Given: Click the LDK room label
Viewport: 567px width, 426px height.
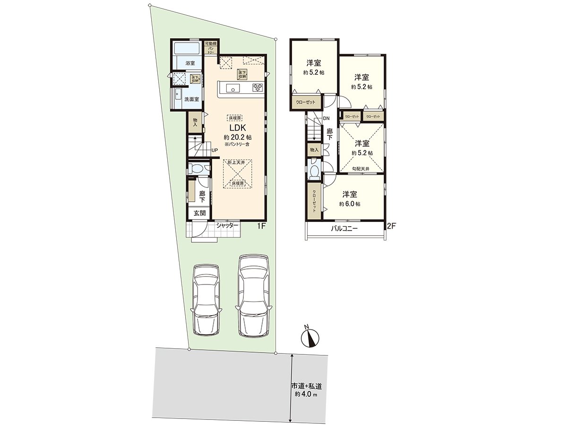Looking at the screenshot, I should pos(237,128).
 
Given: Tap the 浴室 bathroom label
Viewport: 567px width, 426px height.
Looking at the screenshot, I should pos(190,62).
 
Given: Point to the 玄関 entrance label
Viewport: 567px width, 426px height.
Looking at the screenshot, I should pos(199,213).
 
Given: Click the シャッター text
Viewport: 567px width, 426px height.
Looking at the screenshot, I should pos(228,226).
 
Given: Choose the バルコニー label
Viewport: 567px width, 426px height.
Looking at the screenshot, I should pos(344,228).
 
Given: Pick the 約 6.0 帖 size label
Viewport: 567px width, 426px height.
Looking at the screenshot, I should pos(350,204).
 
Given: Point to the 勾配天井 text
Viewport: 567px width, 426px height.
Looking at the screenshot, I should pos(361,169).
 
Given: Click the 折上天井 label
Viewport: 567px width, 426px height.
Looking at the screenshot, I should pos(236,162).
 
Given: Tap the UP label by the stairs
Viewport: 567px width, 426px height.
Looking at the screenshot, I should pos(215,151).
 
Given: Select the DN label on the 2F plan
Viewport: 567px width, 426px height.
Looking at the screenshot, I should pos(326,118).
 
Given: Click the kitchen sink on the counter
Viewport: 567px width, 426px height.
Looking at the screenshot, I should pos(232,88).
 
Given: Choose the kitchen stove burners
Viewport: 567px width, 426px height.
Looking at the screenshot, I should pos(258,87).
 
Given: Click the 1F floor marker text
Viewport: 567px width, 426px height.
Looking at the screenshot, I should pos(262,226).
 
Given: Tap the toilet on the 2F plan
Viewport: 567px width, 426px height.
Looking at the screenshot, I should pos(313,171).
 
